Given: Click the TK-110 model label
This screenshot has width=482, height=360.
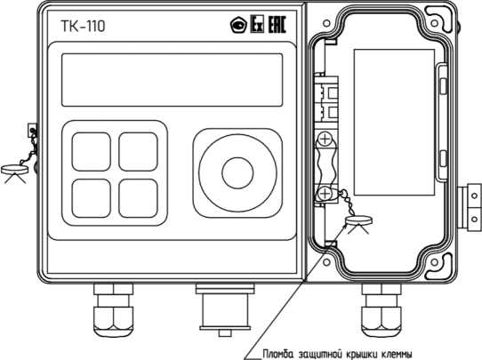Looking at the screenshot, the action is click(x=83, y=26).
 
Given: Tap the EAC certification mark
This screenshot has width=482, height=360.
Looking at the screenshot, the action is click(x=277, y=24).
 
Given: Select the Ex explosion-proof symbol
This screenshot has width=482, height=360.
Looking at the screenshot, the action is click(x=257, y=24).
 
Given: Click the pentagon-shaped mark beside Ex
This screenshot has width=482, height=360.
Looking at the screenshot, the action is click(x=239, y=25).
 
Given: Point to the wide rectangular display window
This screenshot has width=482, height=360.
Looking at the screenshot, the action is click(x=173, y=80).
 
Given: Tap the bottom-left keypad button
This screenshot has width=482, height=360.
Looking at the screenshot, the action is click(x=92, y=198).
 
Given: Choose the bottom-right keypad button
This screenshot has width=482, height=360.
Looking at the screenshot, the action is click(x=139, y=198).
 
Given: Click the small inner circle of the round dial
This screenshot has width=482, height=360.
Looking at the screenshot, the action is click(x=237, y=173).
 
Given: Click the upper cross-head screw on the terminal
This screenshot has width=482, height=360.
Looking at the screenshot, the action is click(x=325, y=140).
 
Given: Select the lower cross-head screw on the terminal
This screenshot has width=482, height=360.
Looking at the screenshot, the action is click(x=325, y=194).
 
